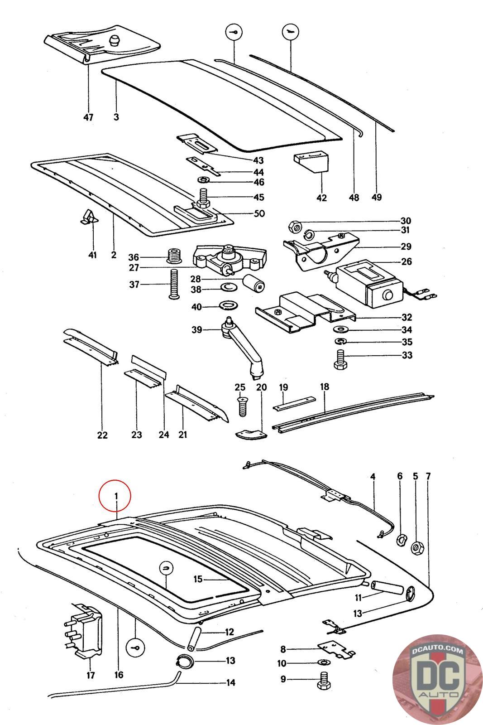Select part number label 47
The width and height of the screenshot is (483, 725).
88,117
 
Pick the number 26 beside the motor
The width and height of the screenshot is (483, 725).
406,261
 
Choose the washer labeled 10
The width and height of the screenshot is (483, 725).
322,663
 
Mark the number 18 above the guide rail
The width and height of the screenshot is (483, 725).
325,387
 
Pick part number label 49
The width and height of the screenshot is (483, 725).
376,197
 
